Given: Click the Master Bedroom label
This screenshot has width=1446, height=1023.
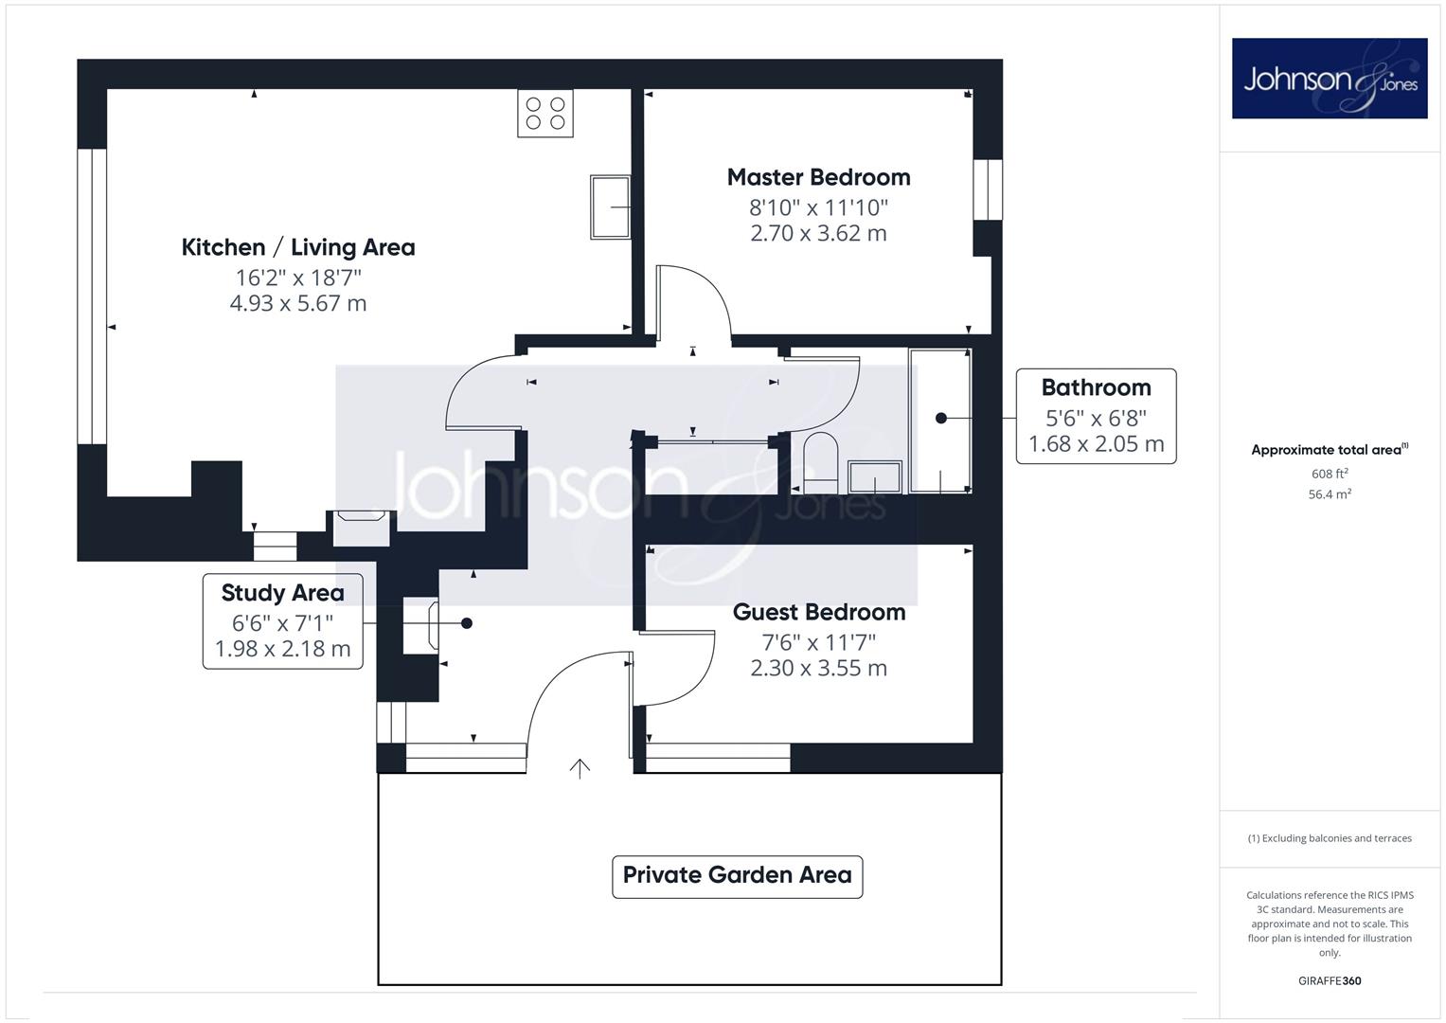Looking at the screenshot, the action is point(818,178).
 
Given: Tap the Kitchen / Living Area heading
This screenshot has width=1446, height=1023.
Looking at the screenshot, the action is point(297,247).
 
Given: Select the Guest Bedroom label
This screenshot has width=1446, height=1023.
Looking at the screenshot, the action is point(818,612).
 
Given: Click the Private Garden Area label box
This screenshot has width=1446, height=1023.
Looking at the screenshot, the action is point(737,876).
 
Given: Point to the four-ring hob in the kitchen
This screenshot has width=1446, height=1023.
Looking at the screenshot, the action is point(545,113).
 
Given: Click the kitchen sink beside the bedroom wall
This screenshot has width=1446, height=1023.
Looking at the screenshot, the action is point(610,207).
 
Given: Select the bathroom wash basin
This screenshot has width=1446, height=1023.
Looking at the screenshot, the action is point(875,477).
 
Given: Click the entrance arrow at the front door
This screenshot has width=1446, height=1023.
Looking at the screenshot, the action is point(580,768).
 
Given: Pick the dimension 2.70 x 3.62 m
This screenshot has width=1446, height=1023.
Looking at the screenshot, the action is point(818,233).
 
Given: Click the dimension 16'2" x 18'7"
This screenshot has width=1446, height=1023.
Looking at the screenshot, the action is point(297,278).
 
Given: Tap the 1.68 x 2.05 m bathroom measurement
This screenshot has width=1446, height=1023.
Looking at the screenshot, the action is point(1097,444).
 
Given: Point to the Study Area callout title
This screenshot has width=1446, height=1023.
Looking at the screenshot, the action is point(283,593).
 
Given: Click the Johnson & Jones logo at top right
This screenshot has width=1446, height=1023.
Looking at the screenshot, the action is point(1330,78).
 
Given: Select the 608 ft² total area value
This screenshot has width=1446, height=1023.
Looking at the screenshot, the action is point(1330,474).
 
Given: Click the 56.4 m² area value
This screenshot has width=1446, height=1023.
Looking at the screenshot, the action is point(1330,494).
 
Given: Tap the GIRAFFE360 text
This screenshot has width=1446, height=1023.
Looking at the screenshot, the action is point(1330,981).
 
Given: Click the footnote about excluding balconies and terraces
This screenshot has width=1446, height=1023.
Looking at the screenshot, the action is point(1330,838).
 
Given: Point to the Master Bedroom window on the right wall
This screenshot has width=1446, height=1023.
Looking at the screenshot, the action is point(988,189).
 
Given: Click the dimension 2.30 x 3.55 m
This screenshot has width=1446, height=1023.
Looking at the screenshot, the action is point(818,668).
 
